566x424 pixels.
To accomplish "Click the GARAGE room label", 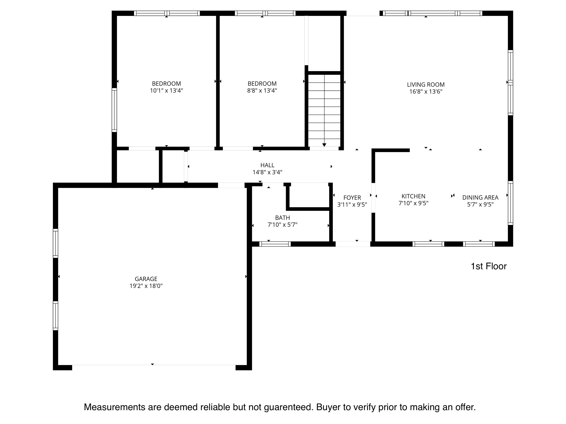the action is [146, 279].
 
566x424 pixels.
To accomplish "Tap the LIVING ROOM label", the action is [426, 85].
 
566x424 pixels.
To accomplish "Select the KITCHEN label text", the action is [413, 196].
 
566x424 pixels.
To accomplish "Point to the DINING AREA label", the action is [480, 198].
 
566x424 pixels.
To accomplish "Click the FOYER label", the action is [352, 198].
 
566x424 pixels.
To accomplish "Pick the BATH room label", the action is [282, 218].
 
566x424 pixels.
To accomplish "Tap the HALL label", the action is [267, 165].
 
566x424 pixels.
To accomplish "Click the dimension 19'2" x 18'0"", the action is [146, 286].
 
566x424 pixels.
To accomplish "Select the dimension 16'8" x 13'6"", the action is [426, 91].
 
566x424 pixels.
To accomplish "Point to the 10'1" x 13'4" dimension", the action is [167, 91].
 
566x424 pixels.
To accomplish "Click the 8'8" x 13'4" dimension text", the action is [262, 91].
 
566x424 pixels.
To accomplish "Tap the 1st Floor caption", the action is [489, 266].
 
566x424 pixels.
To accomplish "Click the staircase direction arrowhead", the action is [324, 145].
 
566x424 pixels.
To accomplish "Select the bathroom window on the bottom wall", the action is [275, 244].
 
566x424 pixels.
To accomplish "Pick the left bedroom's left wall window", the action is [114, 110].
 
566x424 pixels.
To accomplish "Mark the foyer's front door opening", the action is [353, 244].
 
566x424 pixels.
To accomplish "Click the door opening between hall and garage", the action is [231, 185].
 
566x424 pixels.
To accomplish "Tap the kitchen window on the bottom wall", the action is [428, 244].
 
